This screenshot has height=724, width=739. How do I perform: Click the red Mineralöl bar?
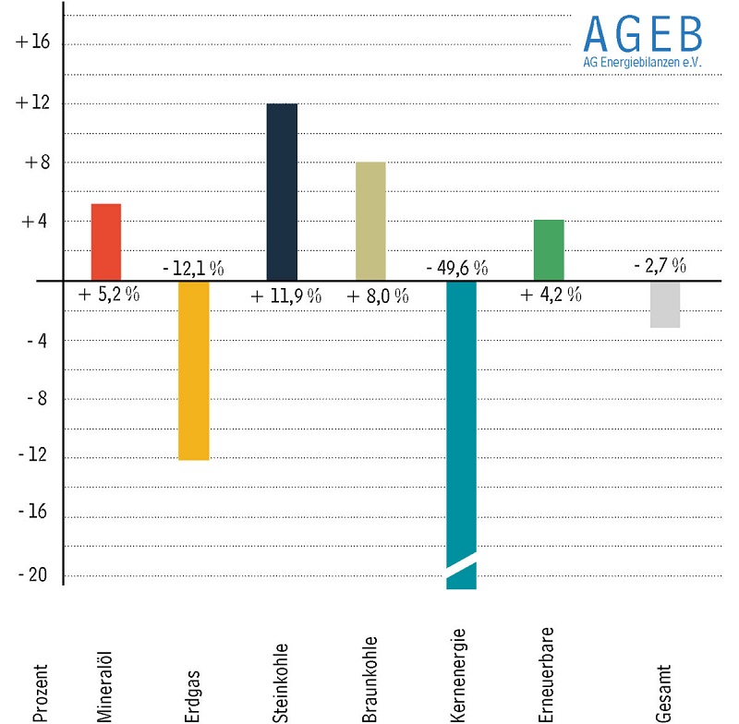coord(106,241)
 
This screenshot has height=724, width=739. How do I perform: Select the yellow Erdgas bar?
coord(194,369)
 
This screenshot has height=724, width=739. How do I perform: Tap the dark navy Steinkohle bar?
coord(282,191)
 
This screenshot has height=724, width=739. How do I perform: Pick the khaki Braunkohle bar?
coord(371,221)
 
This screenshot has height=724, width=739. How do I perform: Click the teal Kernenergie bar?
coord(460,416)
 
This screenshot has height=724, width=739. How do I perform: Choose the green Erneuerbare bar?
coord(549,249)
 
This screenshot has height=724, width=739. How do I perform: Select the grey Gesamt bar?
coord(664,304)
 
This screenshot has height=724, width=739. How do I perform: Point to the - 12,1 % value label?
coord(193,269)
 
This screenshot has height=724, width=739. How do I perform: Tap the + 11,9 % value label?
coord(286,296)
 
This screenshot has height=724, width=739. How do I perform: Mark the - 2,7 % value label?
coord(660,266)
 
